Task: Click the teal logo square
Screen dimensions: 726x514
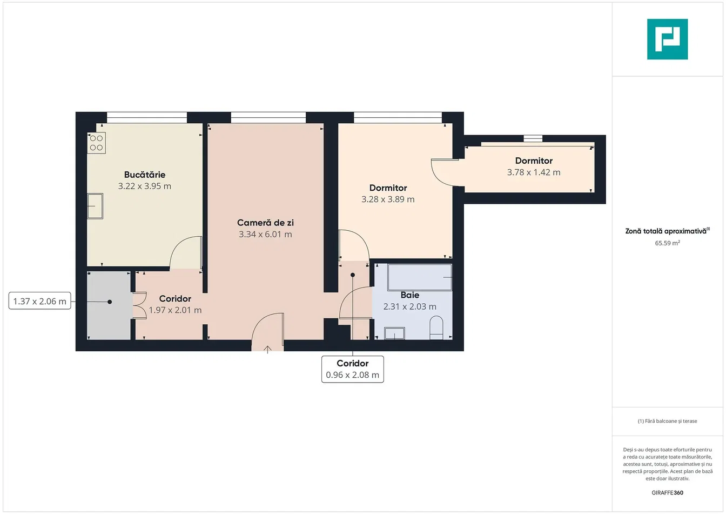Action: (667, 39)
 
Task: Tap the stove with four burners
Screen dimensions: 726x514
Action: (97, 143)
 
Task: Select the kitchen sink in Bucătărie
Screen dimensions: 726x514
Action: (95, 206)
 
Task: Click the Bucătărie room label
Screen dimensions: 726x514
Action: (145, 175)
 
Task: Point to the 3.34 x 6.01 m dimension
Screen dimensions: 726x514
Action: (265, 234)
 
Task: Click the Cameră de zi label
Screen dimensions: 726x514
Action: (265, 223)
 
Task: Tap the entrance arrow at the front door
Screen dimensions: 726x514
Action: (267, 349)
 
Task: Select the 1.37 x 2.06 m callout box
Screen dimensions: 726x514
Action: (40, 301)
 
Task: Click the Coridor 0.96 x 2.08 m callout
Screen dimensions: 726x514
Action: (353, 369)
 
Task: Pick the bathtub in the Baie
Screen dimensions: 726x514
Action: (420, 277)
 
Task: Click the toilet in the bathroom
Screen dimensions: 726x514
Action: (436, 328)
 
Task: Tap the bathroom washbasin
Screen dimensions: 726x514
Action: (394, 333)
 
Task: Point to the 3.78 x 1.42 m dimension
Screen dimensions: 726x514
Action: (534, 172)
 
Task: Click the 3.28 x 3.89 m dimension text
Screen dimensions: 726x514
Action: (388, 199)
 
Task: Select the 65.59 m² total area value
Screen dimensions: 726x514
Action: (667, 243)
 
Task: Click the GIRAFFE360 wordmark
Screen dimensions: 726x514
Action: (667, 492)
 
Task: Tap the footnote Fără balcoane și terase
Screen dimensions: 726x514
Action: (667, 421)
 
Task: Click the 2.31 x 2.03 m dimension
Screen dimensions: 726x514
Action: (409, 306)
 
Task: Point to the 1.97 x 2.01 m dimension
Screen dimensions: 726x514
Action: (175, 310)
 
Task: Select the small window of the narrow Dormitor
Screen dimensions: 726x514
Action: (533, 138)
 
